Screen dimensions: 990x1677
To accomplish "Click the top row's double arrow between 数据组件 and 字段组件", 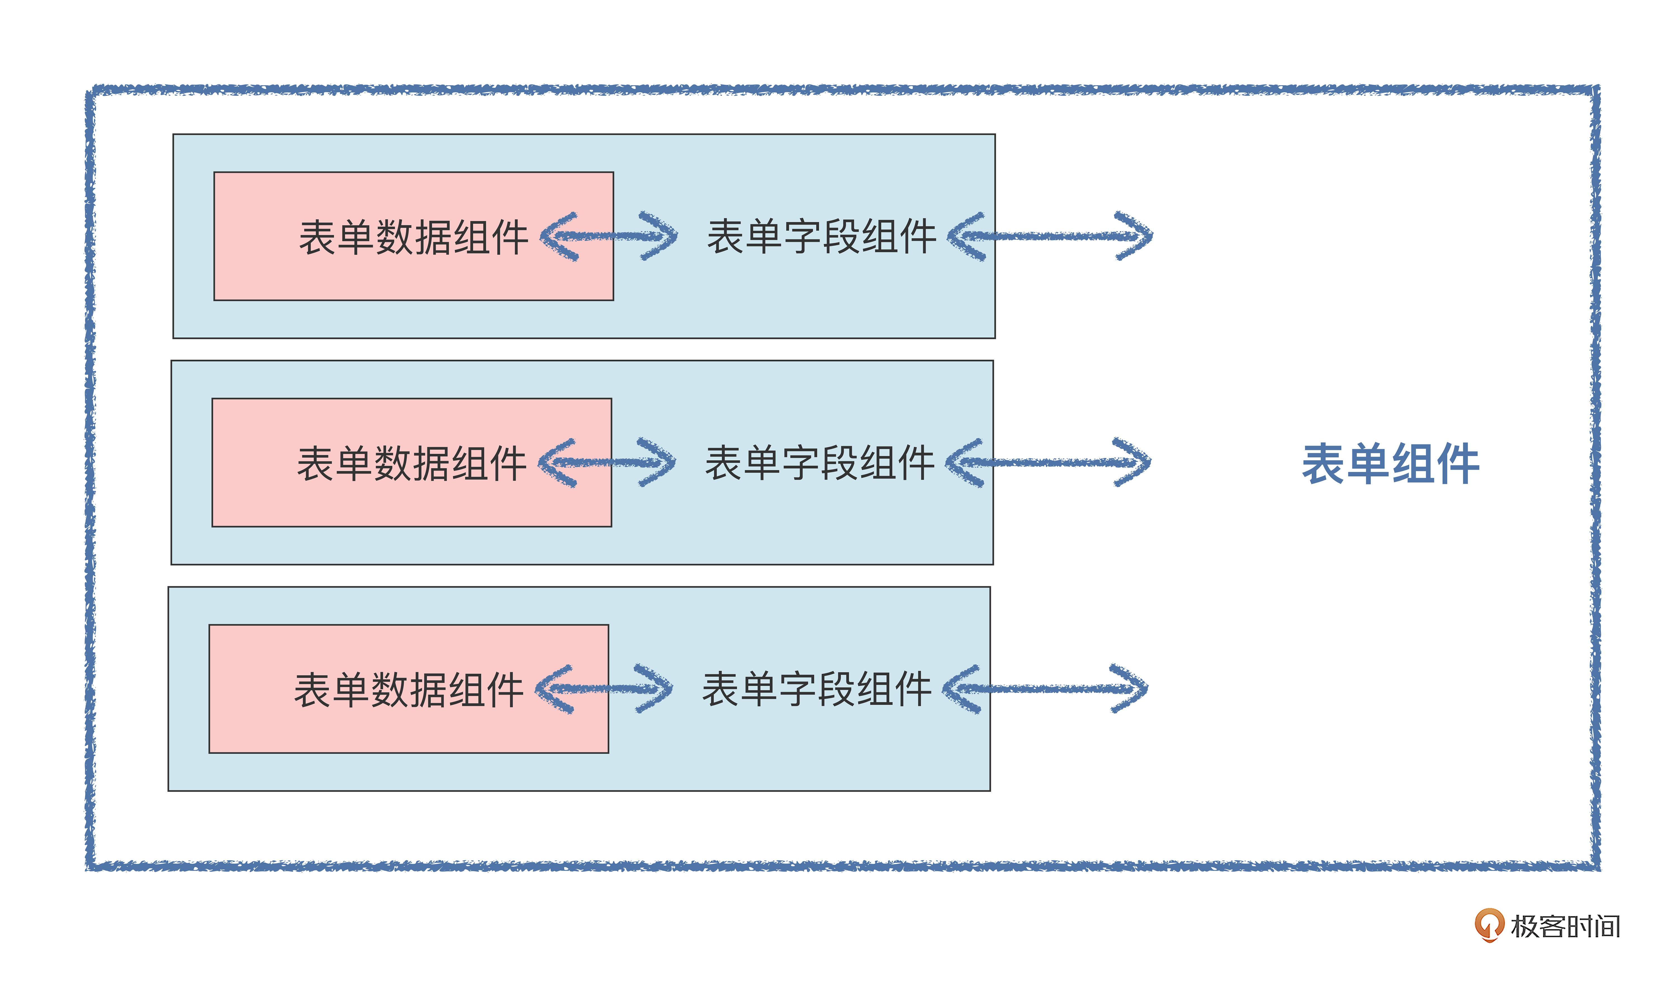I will click(608, 236).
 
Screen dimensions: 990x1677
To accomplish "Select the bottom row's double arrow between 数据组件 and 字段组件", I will click(604, 689).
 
